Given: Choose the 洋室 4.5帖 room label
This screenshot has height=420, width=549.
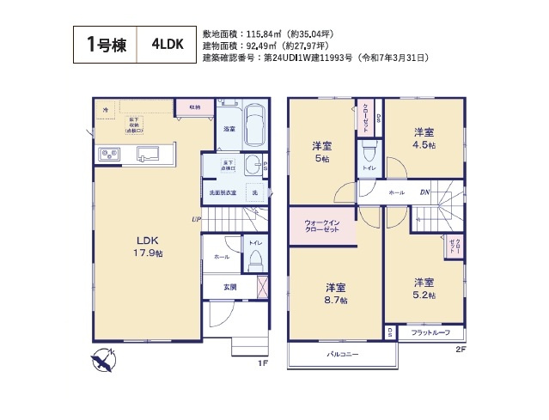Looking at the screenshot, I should tap(424, 137).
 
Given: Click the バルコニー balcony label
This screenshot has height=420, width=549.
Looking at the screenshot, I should tap(342, 354).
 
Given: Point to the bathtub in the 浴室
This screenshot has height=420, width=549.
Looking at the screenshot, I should tap(254, 127).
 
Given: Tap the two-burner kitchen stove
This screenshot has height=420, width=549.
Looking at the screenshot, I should tap(112, 155).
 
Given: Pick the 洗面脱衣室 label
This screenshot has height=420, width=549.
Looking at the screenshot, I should tap(219, 192).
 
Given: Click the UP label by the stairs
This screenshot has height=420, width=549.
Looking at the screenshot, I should tap(197, 220).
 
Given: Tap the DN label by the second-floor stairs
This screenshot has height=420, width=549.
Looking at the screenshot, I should tap(424, 193).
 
